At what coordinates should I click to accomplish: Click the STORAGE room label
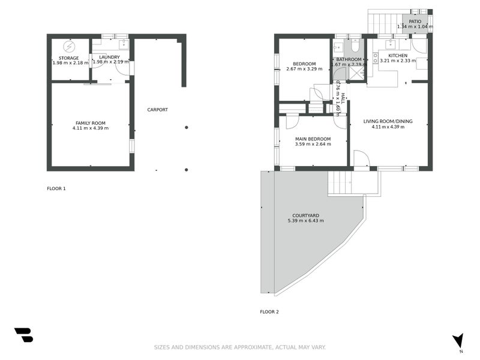(68, 58)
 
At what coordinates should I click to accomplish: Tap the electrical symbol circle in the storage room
(70, 46)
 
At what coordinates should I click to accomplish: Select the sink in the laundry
(123, 44)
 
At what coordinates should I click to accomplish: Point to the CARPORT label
(158, 110)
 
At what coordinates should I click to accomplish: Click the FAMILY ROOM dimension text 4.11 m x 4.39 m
(91, 128)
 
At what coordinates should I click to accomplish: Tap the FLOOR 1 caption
(56, 188)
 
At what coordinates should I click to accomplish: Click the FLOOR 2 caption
(269, 311)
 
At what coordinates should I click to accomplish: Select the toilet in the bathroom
(355, 46)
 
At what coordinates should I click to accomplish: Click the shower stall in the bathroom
(358, 73)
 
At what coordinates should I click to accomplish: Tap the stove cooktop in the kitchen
(376, 58)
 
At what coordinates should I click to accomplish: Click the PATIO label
(415, 21)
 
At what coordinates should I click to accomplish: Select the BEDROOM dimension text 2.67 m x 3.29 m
(304, 69)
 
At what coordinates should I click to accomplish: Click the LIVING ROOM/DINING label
(388, 121)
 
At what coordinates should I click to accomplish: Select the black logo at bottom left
(23, 335)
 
